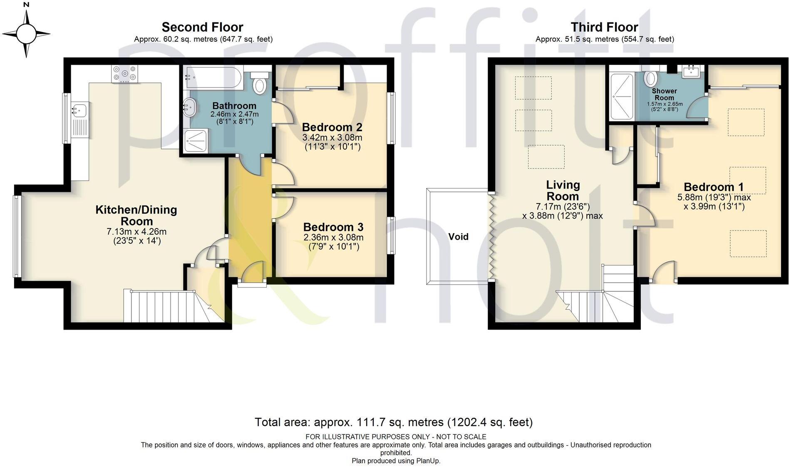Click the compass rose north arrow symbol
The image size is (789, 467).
point(27,32)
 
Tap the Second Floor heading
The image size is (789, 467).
point(202,27)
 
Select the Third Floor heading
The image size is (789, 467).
point(604,27)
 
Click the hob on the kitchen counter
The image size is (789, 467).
point(124,74)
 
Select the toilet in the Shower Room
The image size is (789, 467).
point(650,78)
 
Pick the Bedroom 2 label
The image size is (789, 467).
point(332,127)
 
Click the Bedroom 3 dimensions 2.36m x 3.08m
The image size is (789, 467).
point(333,238)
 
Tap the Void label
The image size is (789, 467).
point(458,237)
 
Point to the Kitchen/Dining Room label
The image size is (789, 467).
point(136,215)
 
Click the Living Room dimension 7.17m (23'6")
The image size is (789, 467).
point(563,206)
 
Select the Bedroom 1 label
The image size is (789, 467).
point(714,187)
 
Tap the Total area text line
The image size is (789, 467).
point(394,422)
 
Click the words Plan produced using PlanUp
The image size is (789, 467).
point(396,461)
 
